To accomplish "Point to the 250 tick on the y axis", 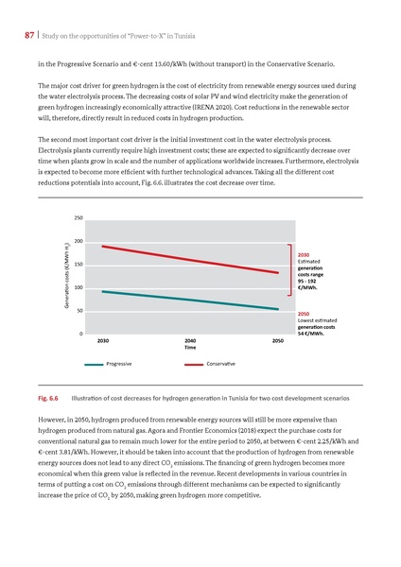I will click(78, 217).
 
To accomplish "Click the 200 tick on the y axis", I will click(78, 241).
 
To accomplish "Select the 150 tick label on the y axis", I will click(78, 264).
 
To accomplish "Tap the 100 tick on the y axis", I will click(78, 287).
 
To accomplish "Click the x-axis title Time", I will click(190, 348).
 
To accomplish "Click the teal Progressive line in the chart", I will click(189, 300).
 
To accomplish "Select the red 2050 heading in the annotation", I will click(304, 313).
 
